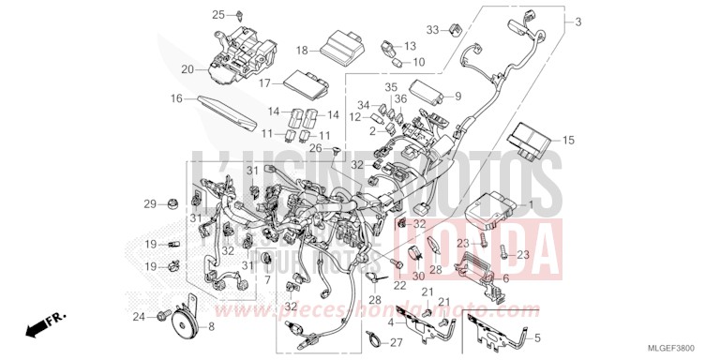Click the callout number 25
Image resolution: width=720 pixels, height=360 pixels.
point(218,14)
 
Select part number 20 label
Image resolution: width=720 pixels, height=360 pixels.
point(187,68)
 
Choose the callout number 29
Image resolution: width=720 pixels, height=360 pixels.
point(148,203)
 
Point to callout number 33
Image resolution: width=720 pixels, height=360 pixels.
point(432,30)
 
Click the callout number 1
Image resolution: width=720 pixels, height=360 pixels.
point(532,203)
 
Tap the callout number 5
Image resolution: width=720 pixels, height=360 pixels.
point(537,337)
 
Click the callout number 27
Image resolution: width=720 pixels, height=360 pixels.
point(397,343)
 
